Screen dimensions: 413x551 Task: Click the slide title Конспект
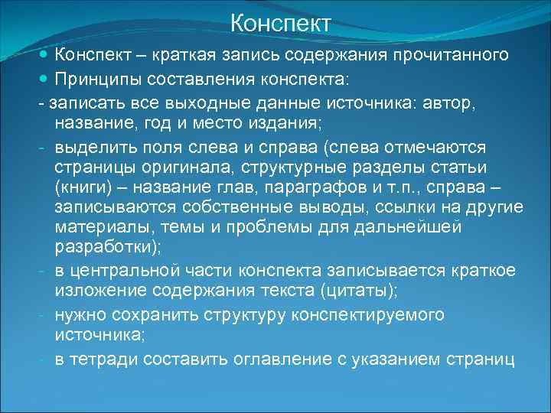(281, 23)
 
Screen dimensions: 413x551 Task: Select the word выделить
(92, 145)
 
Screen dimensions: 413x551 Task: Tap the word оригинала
(173, 167)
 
